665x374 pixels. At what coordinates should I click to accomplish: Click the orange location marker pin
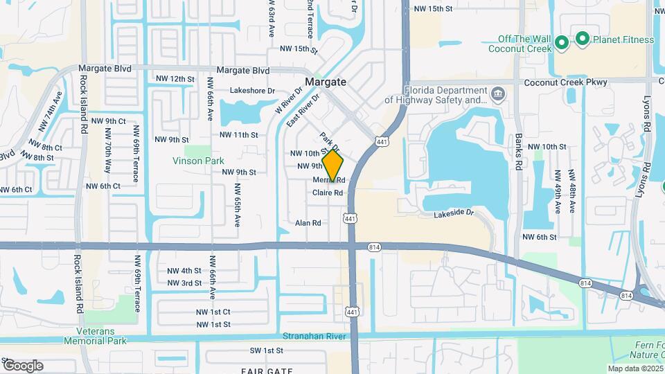[332, 166]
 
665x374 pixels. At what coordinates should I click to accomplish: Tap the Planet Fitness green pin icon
[583, 39]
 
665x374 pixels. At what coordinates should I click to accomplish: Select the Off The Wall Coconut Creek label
[520, 44]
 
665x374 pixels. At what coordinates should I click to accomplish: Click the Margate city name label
[325, 82]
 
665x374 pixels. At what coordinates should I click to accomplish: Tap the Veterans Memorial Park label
[96, 337]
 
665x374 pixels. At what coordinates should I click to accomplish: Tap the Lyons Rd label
[648, 114]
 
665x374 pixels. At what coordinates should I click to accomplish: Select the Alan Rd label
[308, 223]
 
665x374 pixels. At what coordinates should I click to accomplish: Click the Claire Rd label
[328, 193]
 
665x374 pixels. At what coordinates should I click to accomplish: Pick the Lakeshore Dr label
[252, 91]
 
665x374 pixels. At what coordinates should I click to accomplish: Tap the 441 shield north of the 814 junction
[351, 218]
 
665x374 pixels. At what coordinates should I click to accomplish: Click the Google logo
[23, 366]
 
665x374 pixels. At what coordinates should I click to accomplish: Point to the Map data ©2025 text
[635, 368]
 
